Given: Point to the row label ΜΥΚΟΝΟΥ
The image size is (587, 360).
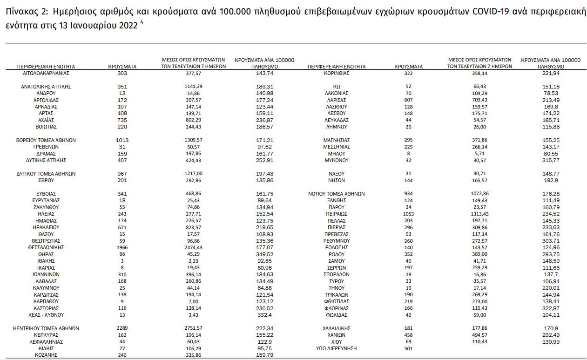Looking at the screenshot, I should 337,160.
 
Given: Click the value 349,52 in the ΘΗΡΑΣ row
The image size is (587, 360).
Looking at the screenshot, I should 264,254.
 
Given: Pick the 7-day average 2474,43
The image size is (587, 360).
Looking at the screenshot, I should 193,247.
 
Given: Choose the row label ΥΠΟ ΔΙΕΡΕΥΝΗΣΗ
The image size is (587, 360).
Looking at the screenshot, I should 337,348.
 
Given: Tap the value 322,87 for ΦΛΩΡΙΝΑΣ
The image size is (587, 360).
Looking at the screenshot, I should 550,308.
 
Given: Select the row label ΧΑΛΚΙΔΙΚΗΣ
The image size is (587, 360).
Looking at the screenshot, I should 337,328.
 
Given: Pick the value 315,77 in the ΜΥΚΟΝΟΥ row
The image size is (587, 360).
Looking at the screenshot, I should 550,160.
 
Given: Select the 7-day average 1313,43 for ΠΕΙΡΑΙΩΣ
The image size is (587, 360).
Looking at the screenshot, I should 479,214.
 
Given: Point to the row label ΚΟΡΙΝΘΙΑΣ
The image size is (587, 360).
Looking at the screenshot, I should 337,74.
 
